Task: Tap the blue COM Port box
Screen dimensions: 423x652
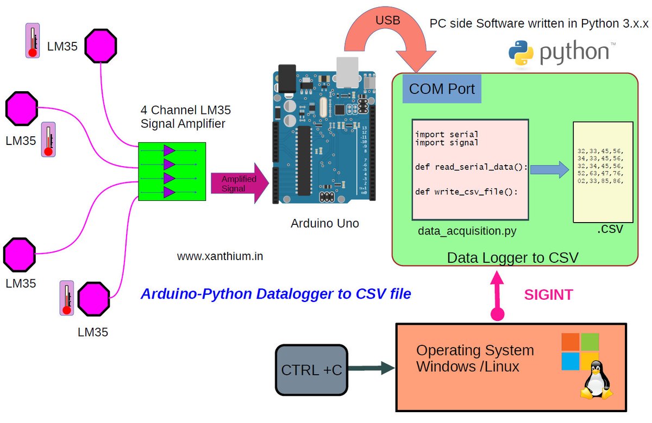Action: coord(441,89)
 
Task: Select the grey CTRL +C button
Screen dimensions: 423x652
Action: coord(311,370)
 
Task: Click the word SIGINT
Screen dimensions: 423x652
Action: coord(548,295)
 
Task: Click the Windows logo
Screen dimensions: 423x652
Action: coord(580,351)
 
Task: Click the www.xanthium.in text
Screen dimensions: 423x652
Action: coord(220,256)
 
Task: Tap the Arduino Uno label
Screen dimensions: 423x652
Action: coord(324,223)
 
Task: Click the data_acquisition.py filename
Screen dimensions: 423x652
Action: coord(467,231)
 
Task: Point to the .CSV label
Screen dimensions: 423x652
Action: coord(610,230)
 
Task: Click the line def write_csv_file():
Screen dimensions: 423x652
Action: coord(466,192)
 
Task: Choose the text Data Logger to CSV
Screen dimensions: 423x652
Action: coord(512,257)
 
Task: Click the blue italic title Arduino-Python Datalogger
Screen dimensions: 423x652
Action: coord(275,294)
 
